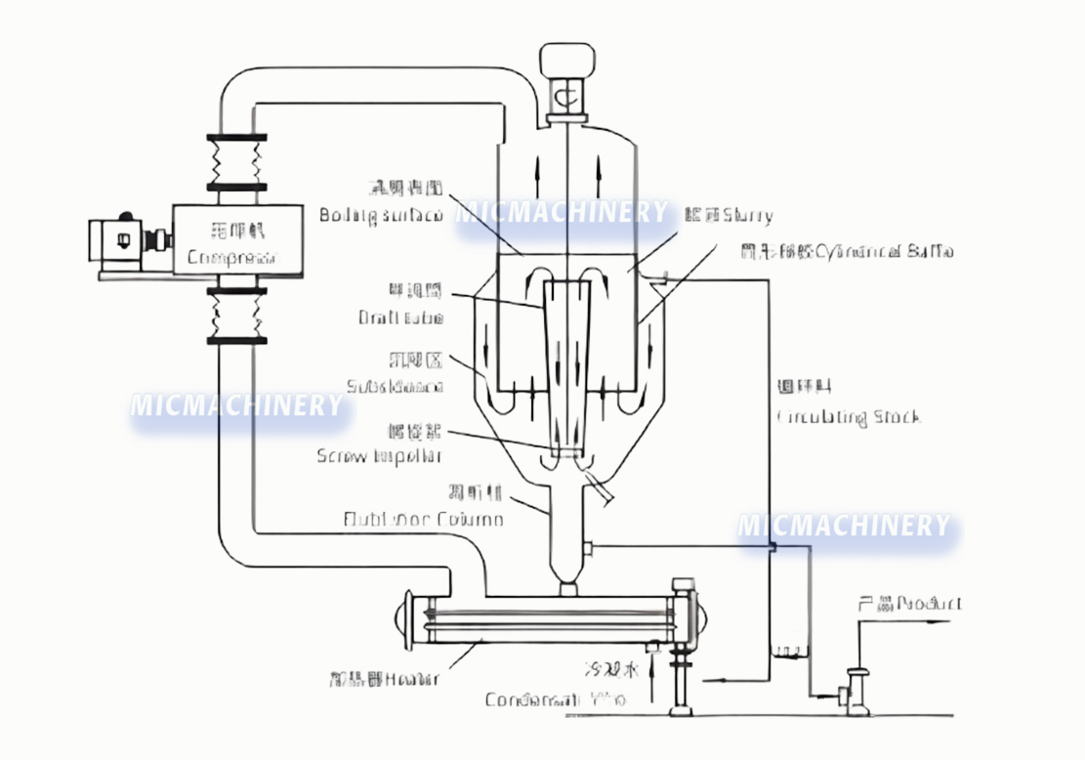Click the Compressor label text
(230, 258)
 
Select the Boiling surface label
(382, 214)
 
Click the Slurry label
(742, 215)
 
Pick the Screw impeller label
(379, 455)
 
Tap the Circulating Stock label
(848, 417)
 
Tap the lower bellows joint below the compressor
(235, 315)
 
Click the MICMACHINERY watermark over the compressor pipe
(236, 404)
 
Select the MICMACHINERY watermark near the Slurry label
(563, 212)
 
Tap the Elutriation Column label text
(424, 519)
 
